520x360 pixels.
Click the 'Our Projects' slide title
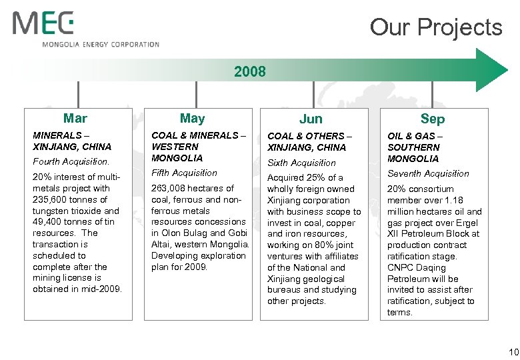(435, 27)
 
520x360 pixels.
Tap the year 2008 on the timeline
(250, 71)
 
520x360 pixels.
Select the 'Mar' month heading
(75, 119)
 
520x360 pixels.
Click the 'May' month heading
(192, 119)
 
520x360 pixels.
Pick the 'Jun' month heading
(311, 119)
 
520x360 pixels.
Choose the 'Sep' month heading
(433, 119)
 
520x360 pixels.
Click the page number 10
(513, 351)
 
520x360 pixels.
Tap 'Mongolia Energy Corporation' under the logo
(101, 45)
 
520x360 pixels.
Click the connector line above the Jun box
(313, 95)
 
